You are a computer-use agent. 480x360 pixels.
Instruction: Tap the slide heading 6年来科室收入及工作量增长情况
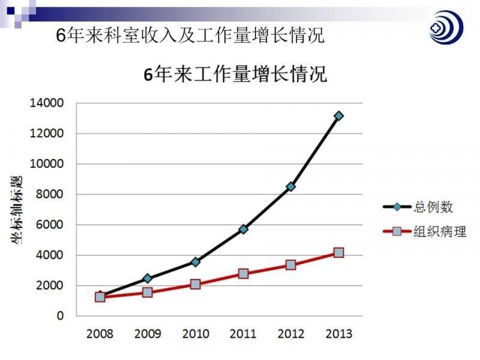pos(190,35)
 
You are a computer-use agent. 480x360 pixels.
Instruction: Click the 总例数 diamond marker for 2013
pos(338,116)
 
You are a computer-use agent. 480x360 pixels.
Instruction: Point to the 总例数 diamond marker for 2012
pos(291,187)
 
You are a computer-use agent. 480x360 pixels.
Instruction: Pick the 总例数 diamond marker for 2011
pos(243,229)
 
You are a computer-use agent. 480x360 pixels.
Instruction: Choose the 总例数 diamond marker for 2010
pos(196,262)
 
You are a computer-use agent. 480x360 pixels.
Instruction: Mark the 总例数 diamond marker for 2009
pos(148,278)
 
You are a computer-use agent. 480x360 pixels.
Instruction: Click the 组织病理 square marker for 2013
pos(338,253)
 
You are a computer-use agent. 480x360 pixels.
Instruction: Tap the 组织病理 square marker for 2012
pos(291,265)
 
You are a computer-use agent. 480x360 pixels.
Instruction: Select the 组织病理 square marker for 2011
pos(243,274)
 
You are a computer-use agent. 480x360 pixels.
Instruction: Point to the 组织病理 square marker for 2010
pos(196,284)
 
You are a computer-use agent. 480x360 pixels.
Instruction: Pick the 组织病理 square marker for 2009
pos(148,292)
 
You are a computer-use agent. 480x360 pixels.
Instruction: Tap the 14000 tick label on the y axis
pos(46,103)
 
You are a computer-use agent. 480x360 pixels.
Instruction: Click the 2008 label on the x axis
pos(100,333)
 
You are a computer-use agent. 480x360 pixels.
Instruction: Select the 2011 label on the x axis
pos(243,333)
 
